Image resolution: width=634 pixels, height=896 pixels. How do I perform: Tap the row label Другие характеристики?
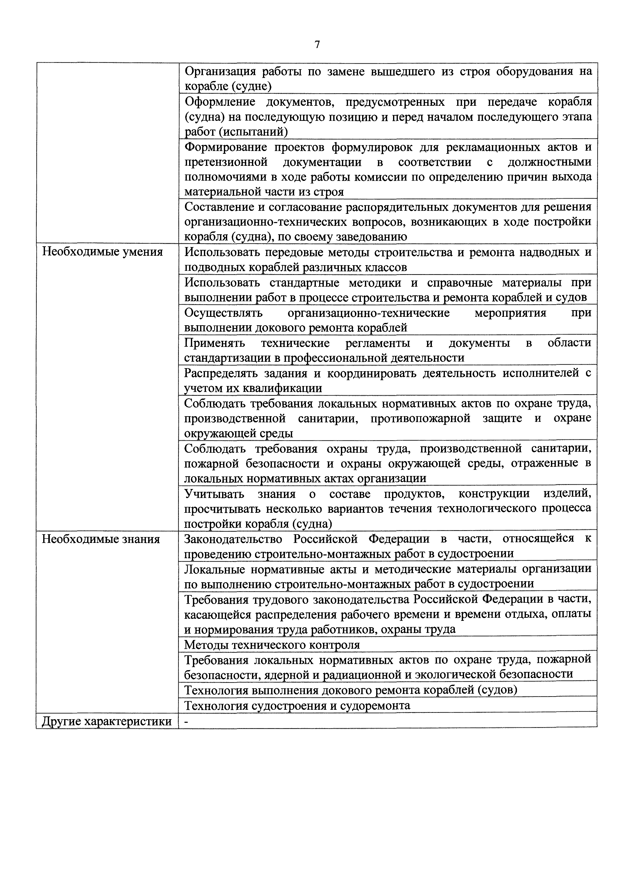tap(107, 722)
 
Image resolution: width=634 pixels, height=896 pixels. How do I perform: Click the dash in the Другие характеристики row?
tap(187, 722)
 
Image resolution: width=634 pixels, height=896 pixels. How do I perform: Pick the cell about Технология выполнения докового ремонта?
tap(350, 690)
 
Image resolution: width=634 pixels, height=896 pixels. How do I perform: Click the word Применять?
tap(215, 343)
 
